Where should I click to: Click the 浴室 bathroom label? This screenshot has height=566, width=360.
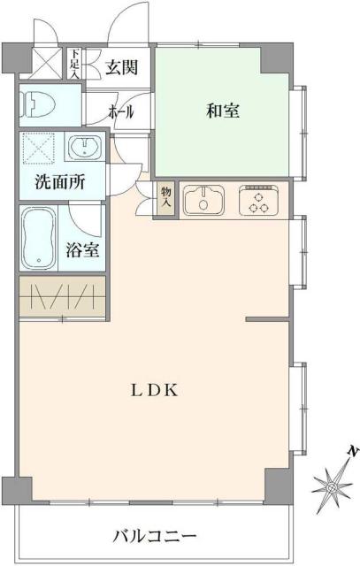[x=83, y=249]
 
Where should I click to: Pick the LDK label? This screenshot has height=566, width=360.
[x=155, y=390]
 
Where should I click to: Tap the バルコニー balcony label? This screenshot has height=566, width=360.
[x=155, y=535]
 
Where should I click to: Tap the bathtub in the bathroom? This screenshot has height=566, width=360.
[x=39, y=238]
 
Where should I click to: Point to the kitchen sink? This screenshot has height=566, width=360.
[x=206, y=200]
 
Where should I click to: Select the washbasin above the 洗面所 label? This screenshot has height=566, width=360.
[x=87, y=146]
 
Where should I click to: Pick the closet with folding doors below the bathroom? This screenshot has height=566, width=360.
[x=62, y=297]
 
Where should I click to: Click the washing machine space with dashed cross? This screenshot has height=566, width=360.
[x=40, y=148]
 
